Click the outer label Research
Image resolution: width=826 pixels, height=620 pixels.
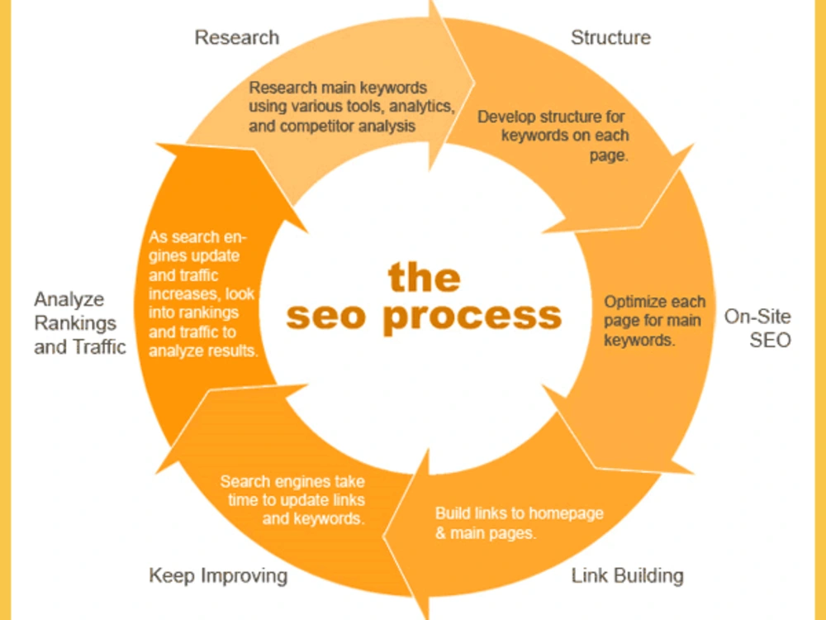pos(237,37)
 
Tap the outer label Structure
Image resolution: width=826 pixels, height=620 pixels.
pos(610,37)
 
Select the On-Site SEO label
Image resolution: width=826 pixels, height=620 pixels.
pos(757,328)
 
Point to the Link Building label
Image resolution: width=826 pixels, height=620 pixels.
pos(628,575)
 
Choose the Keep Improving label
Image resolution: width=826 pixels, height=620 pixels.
pos(218,575)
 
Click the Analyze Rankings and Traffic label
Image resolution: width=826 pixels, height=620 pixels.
pos(80,322)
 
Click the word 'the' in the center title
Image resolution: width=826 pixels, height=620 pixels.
pos(424,277)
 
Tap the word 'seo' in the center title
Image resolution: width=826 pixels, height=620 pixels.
pos(325,316)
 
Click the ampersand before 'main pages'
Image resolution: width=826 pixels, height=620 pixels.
pos(440,533)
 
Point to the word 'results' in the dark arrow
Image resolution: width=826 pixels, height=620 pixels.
pos(234,351)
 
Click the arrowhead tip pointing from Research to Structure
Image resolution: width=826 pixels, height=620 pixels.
pos(475,83)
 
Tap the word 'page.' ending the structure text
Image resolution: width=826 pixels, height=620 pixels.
pos(609,156)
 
